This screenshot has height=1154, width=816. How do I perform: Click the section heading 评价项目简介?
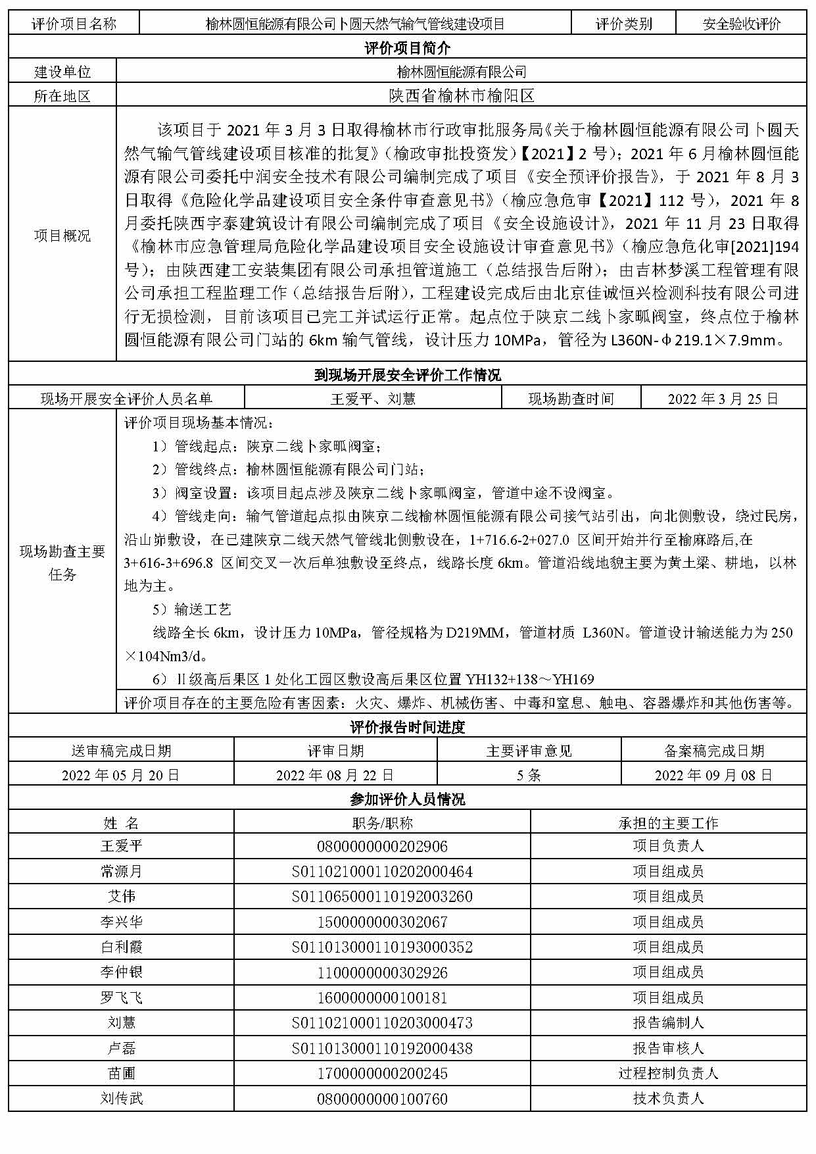pyautogui.click(x=407, y=48)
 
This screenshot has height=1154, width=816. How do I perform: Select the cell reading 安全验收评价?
pyautogui.click(x=741, y=24)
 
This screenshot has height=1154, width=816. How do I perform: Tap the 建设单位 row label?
pyautogui.click(x=62, y=72)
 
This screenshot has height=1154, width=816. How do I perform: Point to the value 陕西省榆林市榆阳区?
pyautogui.click(x=461, y=96)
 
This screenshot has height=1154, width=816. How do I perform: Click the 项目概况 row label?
pyautogui.click(x=62, y=236)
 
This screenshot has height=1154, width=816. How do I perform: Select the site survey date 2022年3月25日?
pyautogui.click(x=723, y=399)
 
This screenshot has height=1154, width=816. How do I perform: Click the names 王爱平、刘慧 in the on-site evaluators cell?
pyautogui.click(x=373, y=399)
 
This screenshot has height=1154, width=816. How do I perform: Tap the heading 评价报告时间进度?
pyautogui.click(x=407, y=727)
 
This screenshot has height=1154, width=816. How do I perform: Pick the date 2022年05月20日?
pyautogui.click(x=121, y=775)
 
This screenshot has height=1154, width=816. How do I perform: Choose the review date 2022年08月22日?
pyautogui.click(x=335, y=775)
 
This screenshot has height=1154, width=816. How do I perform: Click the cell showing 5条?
pyautogui.click(x=529, y=775)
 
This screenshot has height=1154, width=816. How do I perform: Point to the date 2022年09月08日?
pyautogui.click(x=713, y=775)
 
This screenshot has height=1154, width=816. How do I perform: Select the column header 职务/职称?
pyautogui.click(x=382, y=823)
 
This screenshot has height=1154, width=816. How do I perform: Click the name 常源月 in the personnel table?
pyautogui.click(x=121, y=872)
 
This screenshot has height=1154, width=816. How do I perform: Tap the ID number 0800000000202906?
pyautogui.click(x=382, y=847)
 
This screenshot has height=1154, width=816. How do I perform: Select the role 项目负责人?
pyautogui.click(x=668, y=847)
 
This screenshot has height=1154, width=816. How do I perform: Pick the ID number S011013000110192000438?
pyautogui.click(x=382, y=1048)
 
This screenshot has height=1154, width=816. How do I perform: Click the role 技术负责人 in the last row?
pyautogui.click(x=668, y=1099)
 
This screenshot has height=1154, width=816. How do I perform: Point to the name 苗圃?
pyautogui.click(x=121, y=1074)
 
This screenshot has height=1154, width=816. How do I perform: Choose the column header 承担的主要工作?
pyautogui.click(x=668, y=823)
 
